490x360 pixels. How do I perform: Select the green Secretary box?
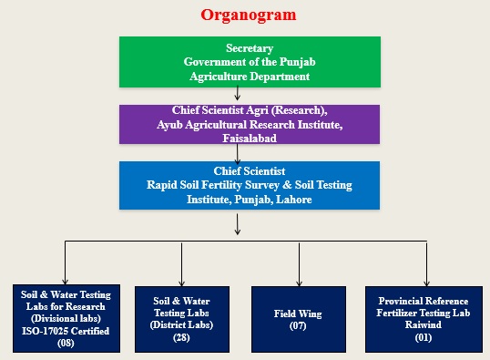(x=237, y=62)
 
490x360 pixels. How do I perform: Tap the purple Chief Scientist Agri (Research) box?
(x=237, y=124)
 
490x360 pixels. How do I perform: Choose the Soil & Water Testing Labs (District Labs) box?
(x=181, y=318)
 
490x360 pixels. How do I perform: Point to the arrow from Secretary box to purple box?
(x=237, y=93)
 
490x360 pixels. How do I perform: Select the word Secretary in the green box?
(x=237, y=46)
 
